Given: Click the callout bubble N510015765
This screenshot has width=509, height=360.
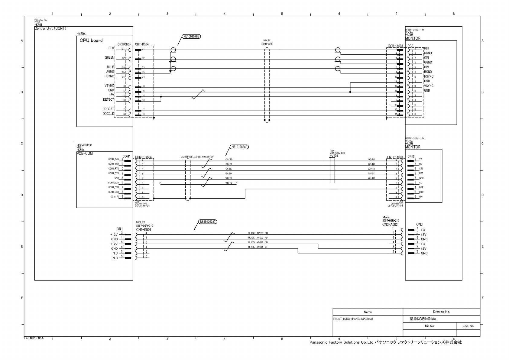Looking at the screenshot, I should (x=191, y=37).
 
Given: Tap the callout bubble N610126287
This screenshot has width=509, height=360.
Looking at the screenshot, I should (x=208, y=222).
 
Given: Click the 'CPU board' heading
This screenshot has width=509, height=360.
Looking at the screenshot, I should (x=91, y=41).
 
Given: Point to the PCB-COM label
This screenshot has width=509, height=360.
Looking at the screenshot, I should (x=85, y=154).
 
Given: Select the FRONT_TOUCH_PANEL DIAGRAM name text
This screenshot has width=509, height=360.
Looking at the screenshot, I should (x=353, y=319).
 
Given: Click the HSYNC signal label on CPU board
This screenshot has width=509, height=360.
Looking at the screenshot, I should (x=109, y=76).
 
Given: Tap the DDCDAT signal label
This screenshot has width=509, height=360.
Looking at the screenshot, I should (x=108, y=109).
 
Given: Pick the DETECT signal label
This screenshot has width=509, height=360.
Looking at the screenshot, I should (x=109, y=100).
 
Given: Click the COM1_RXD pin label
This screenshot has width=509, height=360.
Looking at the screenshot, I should (x=114, y=159).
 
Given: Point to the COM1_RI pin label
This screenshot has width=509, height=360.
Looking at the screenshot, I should (x=115, y=197).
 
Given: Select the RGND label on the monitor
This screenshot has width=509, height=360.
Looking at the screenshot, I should (x=428, y=53).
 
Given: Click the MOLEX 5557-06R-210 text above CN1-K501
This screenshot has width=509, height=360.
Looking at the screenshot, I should (x=145, y=224).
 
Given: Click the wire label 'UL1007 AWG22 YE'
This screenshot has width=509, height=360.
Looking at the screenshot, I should (x=258, y=247).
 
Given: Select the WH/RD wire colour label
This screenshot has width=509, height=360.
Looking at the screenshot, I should (x=229, y=183).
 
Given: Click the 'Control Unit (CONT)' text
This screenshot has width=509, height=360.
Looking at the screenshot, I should (x=50, y=28).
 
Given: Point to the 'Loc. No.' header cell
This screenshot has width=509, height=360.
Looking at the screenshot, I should (x=468, y=326).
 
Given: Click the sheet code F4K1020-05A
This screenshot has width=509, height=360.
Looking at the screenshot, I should (x=34, y=338).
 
